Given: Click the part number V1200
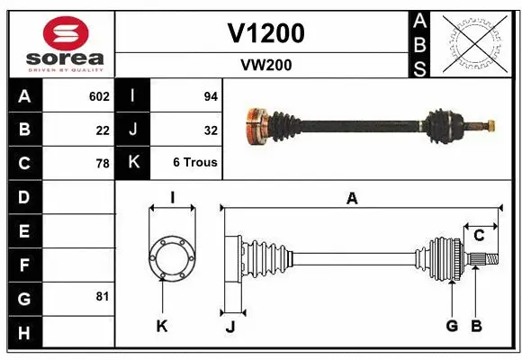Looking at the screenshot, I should click(265, 33).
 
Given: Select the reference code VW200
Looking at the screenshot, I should click(265, 65).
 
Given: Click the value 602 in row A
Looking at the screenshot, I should click(99, 96).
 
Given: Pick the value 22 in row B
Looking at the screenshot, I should click(103, 130).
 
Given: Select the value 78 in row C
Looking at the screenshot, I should click(103, 164).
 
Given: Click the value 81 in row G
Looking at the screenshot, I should click(103, 296).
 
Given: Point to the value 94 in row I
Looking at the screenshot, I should click(209, 96).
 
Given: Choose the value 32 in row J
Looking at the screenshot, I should click(209, 130).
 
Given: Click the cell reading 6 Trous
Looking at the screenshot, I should click(195, 163).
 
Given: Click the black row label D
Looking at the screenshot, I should click(23, 197).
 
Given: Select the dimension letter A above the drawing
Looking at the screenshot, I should click(352, 199).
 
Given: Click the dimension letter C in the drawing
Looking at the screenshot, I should click(480, 236).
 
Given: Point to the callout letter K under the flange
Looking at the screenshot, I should click(162, 326).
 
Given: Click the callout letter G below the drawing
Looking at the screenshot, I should click(452, 326).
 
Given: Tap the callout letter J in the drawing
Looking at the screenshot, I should click(229, 327).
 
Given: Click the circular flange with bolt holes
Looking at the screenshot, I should click(171, 258).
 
